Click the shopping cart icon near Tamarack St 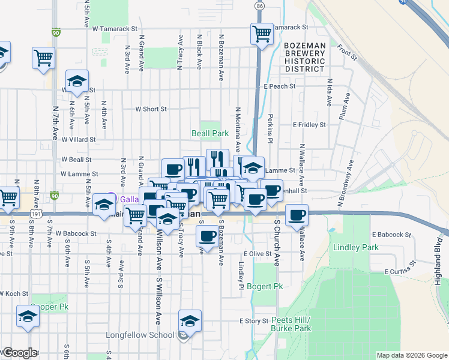tap(262, 34)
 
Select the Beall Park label tap(209, 133)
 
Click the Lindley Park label tap(356, 247)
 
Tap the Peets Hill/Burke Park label tap(291, 324)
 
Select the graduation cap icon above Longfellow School tap(190, 321)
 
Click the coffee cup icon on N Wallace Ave tap(297, 214)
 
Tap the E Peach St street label tap(280, 86)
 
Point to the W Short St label tap(151, 109)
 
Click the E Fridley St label tap(309, 125)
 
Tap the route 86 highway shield tap(259, 5)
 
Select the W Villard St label tap(79, 139)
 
